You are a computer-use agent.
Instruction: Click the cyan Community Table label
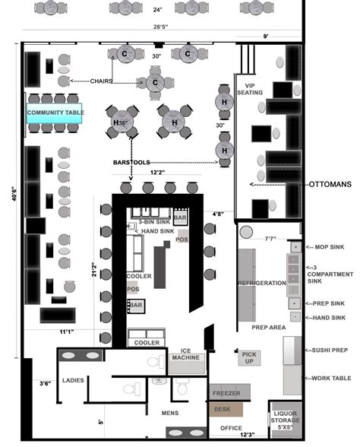pos(55,113)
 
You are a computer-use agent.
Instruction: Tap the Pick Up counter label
pos(249,357)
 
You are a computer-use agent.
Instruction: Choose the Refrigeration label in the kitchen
pos(262,283)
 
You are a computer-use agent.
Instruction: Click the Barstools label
pos(133,162)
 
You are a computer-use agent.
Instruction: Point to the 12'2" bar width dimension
pos(156,173)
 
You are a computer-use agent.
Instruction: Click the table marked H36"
pos(122,122)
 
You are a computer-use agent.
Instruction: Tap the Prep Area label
pos(268,327)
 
